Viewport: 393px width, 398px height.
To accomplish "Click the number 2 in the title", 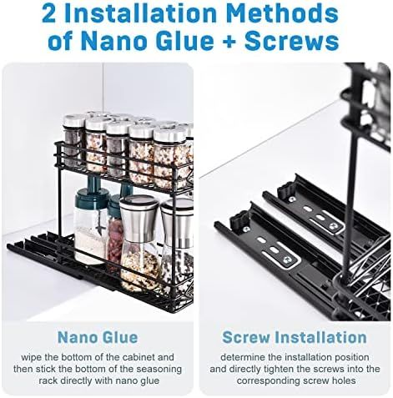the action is (x=48, y=13).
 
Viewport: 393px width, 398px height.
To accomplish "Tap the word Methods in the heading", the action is (x=282, y=13).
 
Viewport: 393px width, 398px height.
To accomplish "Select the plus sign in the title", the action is (x=229, y=42).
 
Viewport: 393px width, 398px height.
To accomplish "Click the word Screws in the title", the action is (x=291, y=41).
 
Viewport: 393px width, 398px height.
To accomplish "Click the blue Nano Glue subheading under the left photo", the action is (x=98, y=337).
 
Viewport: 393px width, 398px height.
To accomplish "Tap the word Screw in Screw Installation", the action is (x=246, y=337).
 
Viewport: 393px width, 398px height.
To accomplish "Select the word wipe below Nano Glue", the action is (x=31, y=357).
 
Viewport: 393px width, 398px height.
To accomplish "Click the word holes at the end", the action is (x=343, y=380).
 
